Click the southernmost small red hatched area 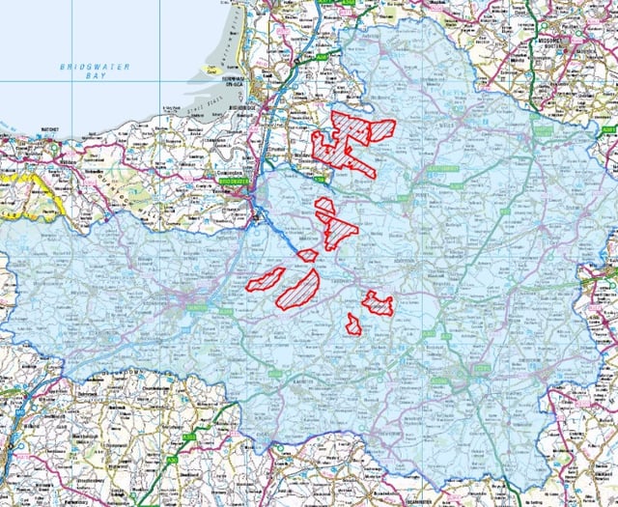(x=354, y=324)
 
